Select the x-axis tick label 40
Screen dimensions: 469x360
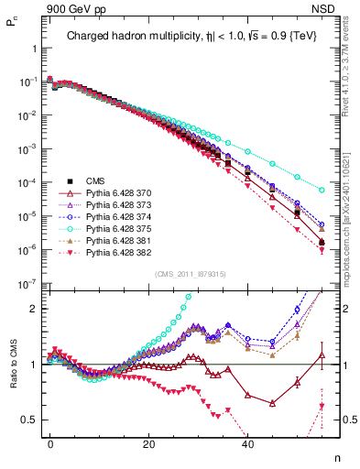[x=247, y=442]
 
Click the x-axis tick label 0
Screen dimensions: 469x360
[x=50, y=442]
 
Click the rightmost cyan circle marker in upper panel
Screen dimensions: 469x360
[x=322, y=190]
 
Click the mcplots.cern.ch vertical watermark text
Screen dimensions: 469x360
[x=352, y=211]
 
